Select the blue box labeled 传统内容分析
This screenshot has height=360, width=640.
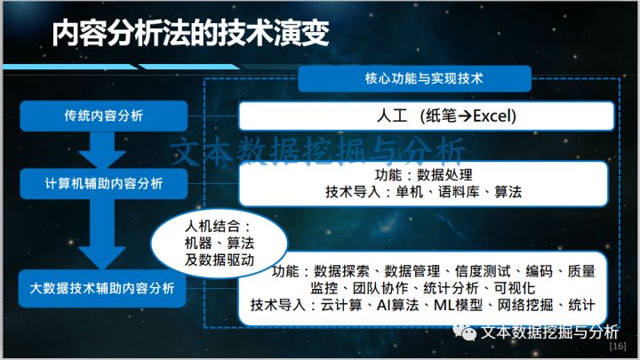click(x=104, y=116)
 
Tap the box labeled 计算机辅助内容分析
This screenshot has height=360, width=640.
click(x=104, y=183)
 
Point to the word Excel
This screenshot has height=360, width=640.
click(x=494, y=116)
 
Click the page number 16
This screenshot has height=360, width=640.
click(x=619, y=346)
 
